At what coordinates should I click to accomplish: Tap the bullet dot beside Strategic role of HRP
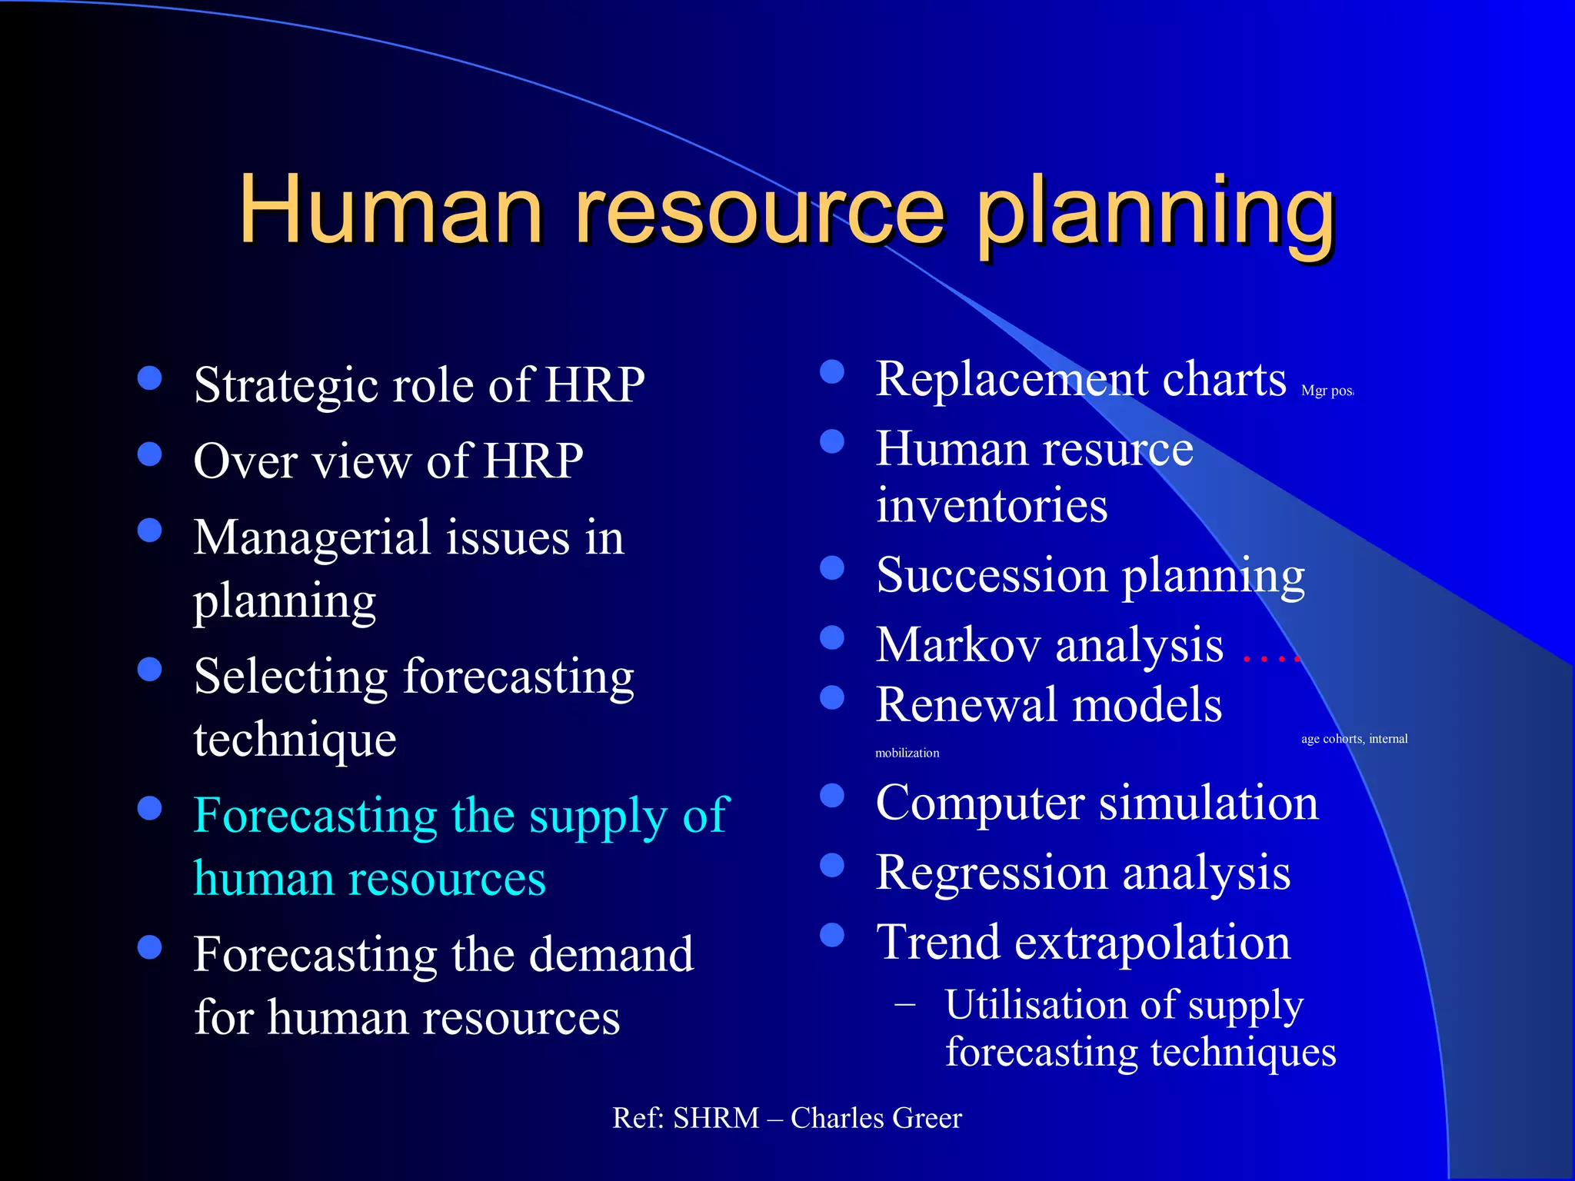[149, 378]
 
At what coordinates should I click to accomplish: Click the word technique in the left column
[295, 740]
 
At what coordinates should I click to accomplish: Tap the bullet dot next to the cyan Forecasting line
[149, 807]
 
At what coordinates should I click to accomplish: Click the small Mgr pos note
[1327, 391]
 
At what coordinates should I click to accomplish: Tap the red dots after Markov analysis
[1270, 658]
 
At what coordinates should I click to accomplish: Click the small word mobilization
[907, 754]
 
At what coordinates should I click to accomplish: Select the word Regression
[991, 873]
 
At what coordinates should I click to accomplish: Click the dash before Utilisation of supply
[905, 1004]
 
